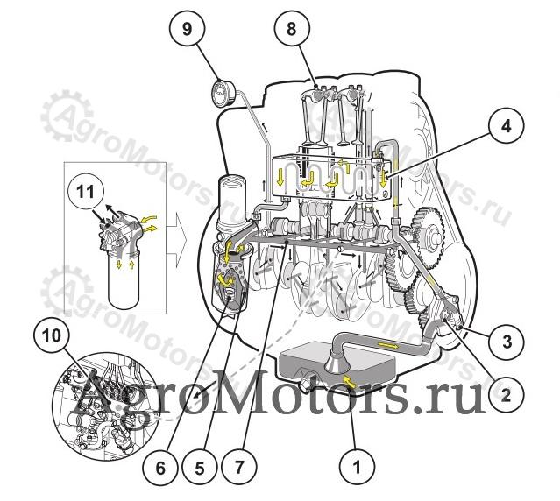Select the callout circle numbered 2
[506, 395]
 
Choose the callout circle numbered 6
[160, 467]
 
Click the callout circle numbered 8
[292, 29]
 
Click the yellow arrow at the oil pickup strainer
[350, 379]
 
